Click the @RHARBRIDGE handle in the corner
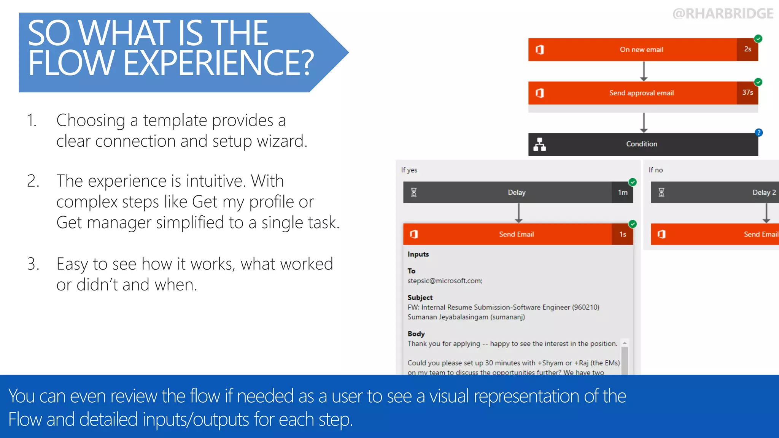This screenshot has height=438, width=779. coord(723,14)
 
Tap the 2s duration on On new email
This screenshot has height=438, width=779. coord(747,49)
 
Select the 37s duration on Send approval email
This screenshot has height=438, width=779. coord(747,92)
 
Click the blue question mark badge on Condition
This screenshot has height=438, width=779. coord(758,133)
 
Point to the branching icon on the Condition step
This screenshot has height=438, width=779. coord(539,144)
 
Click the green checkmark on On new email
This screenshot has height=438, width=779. coord(758,38)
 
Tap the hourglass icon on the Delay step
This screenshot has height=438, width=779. coord(414,192)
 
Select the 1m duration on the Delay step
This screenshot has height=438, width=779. coord(623,192)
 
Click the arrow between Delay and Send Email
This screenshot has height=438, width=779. coord(518,213)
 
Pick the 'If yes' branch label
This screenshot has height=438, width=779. coord(409,170)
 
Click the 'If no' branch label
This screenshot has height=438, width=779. coord(656,170)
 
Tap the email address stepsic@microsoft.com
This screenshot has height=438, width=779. coord(445,281)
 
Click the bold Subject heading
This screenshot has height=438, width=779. coord(420,297)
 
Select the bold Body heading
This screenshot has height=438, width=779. coord(416,333)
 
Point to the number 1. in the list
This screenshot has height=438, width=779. coord(32,121)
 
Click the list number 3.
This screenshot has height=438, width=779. coord(33,264)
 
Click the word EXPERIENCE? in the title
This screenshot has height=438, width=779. coord(219,63)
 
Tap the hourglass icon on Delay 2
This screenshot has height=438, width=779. coord(661,192)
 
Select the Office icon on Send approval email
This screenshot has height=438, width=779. coord(539,93)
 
